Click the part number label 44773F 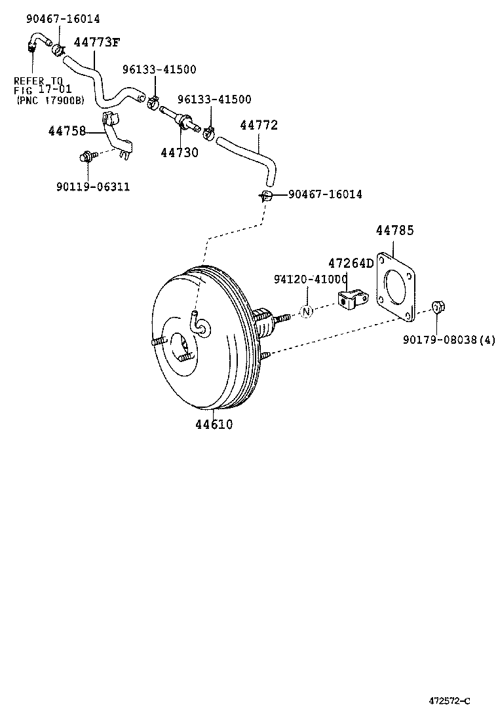96,43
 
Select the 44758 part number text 67,131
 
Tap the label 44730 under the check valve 180,152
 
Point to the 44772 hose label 259,125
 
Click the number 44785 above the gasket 394,230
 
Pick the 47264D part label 351,263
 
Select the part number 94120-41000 311,280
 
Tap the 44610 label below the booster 214,424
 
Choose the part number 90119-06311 92,187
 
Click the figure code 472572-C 450,701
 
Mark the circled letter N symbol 306,312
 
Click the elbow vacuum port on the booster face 198,323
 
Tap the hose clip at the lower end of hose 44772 265,194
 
